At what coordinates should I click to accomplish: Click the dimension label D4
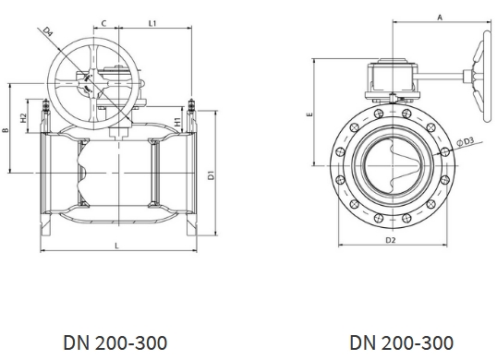(x=48, y=31)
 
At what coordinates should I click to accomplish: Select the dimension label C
(x=103, y=23)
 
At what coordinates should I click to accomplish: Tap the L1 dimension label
(x=152, y=23)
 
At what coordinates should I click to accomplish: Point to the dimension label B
(x=5, y=130)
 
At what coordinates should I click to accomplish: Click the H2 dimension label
(x=23, y=118)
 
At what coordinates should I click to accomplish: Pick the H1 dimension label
(x=177, y=122)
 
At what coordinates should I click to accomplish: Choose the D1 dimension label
(x=212, y=175)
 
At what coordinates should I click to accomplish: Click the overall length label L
(x=116, y=246)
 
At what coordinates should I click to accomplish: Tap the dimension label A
(x=440, y=18)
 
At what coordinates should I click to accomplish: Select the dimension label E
(x=310, y=114)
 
